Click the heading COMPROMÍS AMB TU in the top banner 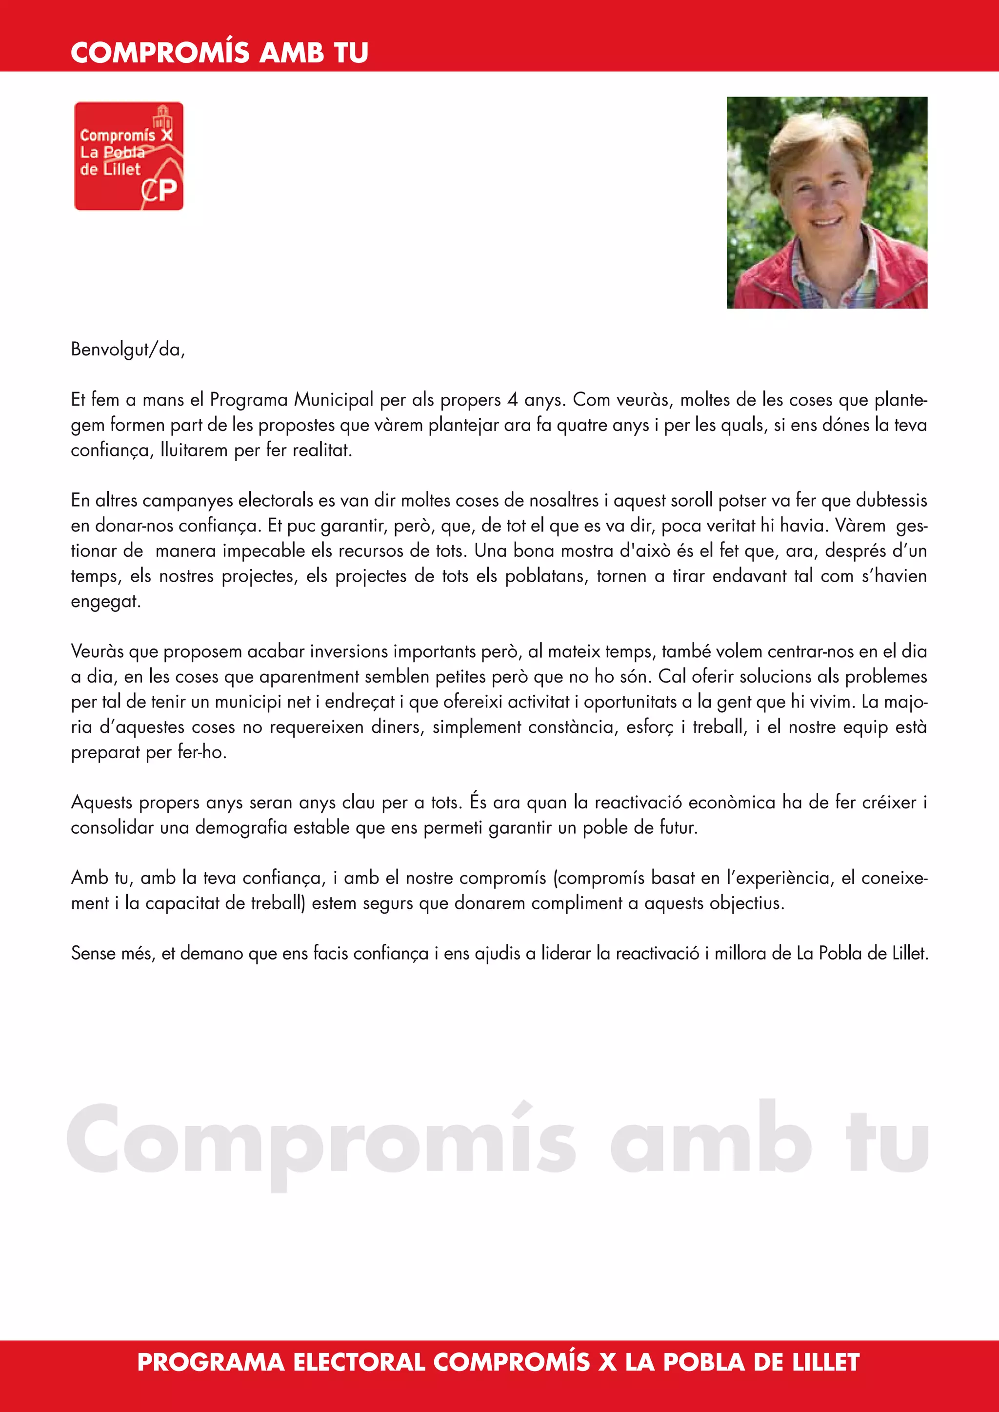[220, 53]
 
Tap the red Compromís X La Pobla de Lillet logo [129, 156]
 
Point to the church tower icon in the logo [163, 117]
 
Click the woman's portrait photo [827, 202]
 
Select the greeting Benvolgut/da [128, 349]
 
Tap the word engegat [105, 602]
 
